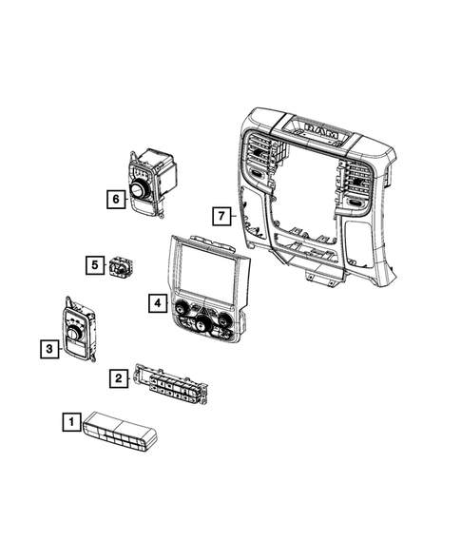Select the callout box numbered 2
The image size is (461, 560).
[118, 379]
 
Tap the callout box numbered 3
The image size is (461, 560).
[47, 350]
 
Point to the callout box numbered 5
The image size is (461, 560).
[94, 264]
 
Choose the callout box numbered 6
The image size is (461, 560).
[115, 199]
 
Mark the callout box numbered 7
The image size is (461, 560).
[221, 216]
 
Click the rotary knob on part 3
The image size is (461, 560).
[75, 333]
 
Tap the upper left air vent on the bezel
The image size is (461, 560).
[259, 157]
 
